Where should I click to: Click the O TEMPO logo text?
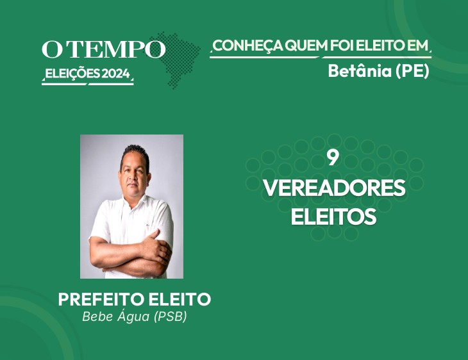104,49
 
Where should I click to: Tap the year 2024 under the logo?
116,74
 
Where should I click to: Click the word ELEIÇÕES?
72,74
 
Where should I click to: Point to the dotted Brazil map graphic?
176,60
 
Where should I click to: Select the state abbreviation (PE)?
412,71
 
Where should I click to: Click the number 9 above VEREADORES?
333,158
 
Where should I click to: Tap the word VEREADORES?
334,188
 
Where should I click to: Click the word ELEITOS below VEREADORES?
333,216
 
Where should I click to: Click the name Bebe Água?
116,316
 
